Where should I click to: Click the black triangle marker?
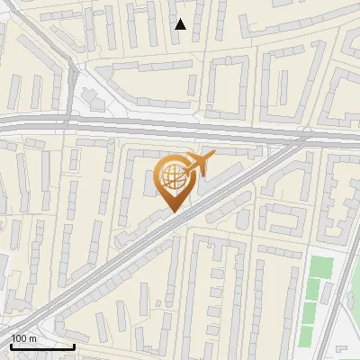click(x=181, y=24)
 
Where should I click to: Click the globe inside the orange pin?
click(x=172, y=175)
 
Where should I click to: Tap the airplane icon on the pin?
click(x=199, y=165)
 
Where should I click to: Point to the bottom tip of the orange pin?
click(x=175, y=212)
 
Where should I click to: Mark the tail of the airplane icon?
click(x=186, y=172)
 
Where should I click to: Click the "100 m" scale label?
click(x=23, y=337)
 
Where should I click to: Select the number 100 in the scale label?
click(x=19, y=337)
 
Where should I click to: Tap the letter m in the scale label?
click(x=32, y=337)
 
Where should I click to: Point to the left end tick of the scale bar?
click(x=11, y=345)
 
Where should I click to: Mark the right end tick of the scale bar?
click(x=74, y=345)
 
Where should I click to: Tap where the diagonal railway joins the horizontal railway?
click(x=306, y=139)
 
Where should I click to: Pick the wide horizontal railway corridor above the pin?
click(x=135, y=127)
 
